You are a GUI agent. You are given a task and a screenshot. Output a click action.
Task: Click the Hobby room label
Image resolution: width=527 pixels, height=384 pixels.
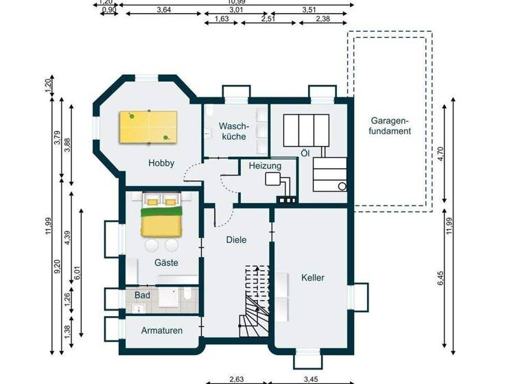pos(161,163)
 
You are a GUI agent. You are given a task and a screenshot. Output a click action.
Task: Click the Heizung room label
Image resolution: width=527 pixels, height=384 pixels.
pos(264,166)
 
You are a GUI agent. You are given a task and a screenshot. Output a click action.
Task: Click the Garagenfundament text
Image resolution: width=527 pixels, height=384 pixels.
pos(389,124)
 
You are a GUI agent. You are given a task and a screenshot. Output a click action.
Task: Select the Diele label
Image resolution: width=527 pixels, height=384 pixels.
pos(236,240)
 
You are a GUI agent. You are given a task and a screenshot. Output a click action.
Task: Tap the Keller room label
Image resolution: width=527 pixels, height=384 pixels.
pos(312,278)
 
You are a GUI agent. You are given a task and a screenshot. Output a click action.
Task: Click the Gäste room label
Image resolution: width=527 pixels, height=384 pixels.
pos(167,263)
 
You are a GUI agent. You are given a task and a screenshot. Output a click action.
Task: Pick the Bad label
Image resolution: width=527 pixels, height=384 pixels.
pos(142,295)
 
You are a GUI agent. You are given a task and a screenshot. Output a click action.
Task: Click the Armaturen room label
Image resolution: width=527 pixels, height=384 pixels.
pos(162,331)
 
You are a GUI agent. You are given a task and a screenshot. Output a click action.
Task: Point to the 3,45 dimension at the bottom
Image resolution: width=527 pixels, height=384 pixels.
pos(311,378)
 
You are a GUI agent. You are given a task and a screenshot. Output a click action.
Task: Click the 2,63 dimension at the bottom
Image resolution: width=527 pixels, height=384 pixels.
pos(235,378)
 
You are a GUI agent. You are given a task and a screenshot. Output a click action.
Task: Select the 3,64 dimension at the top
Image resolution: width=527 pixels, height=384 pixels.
pos(164,10)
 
